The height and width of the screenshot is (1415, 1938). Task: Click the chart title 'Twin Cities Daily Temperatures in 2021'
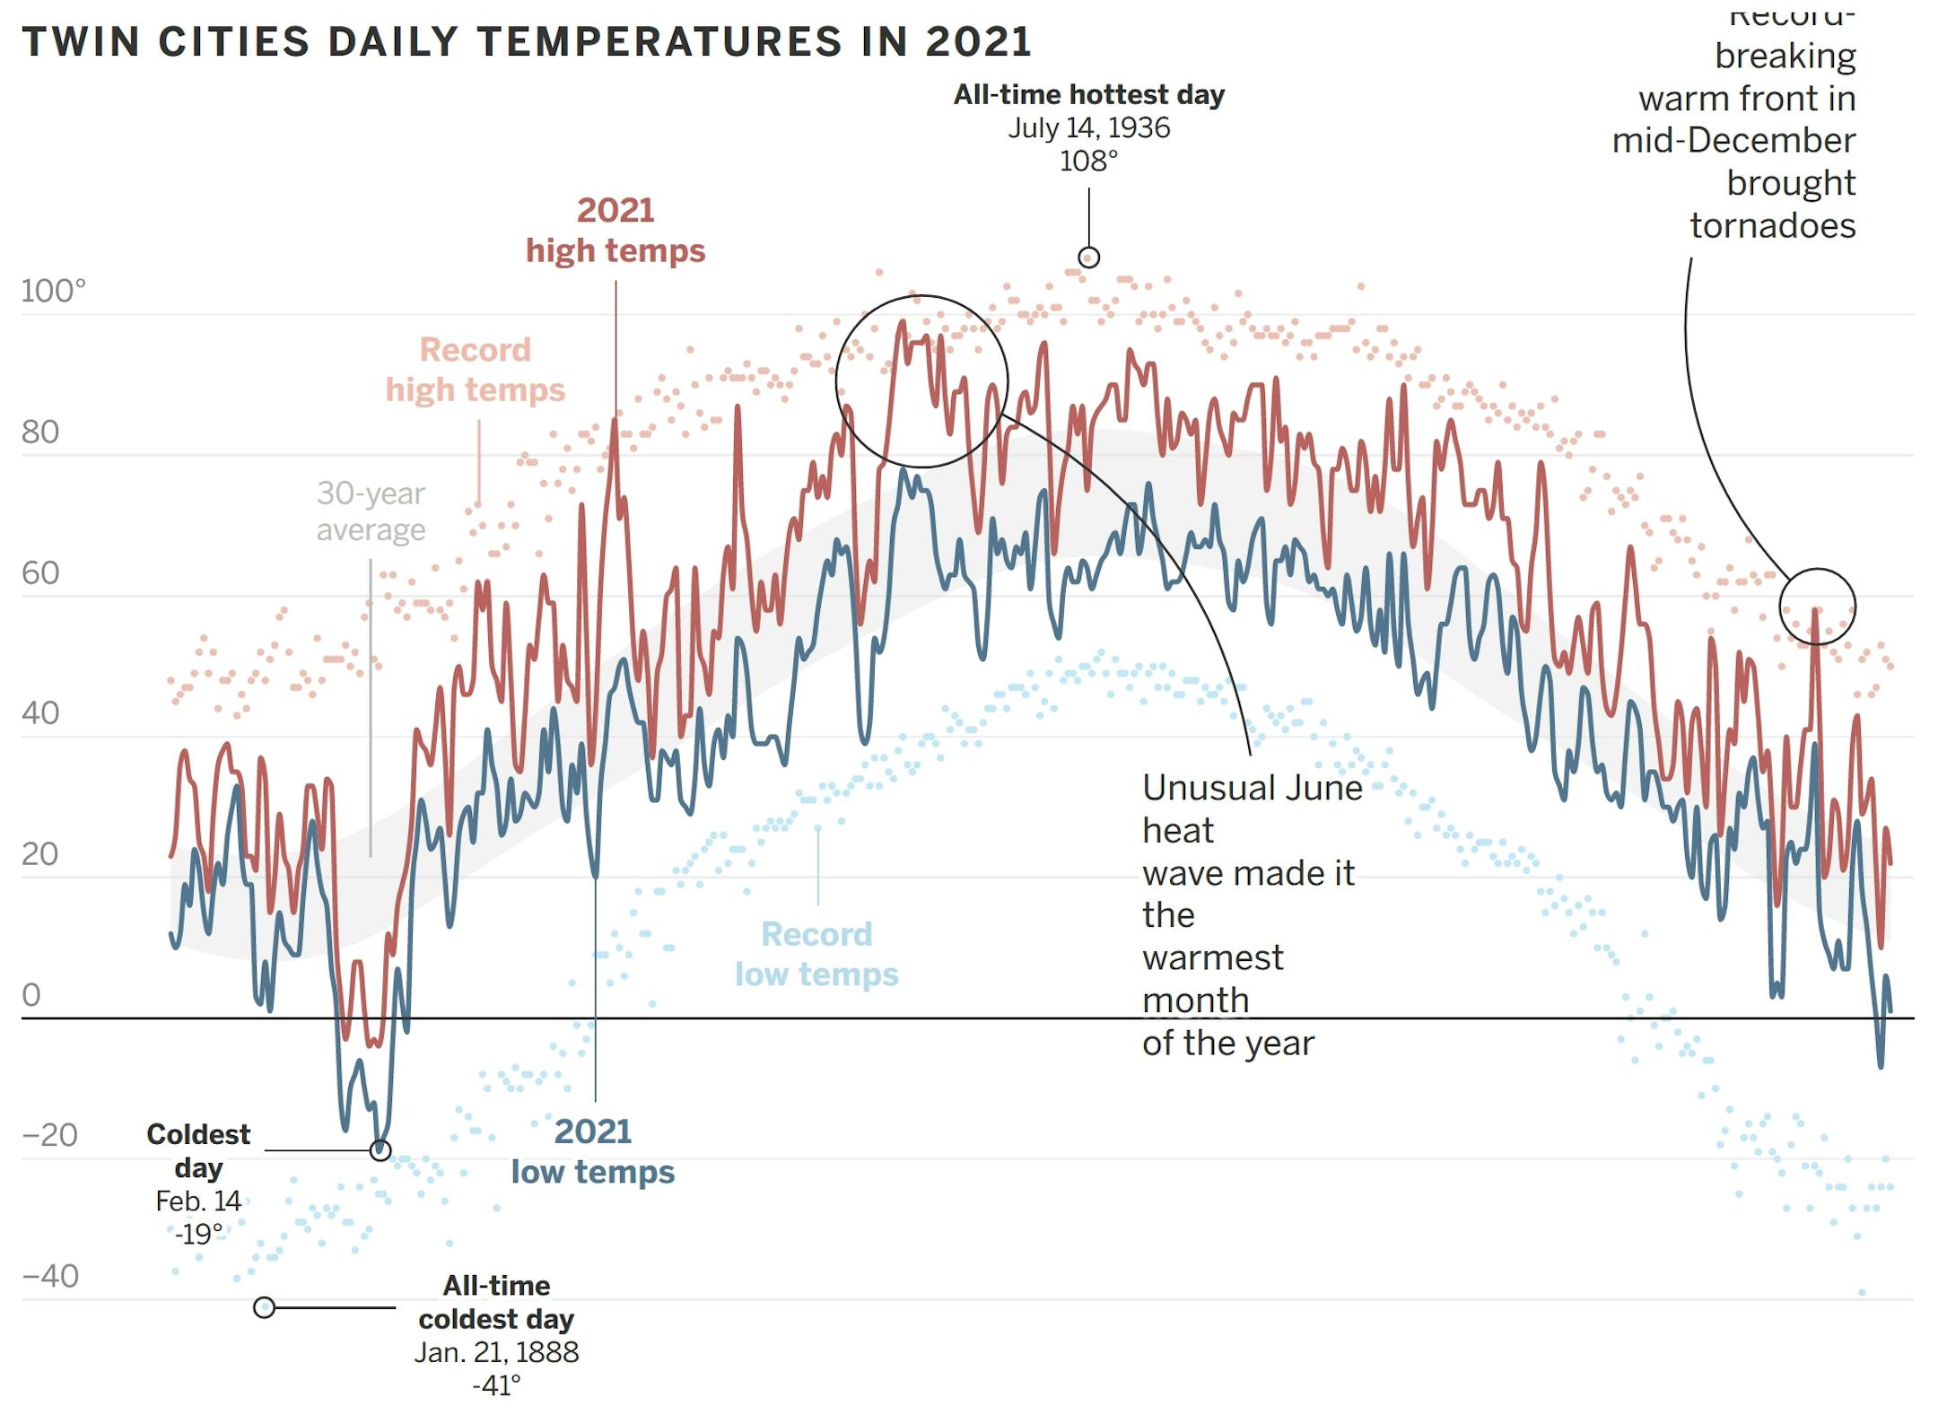pos(527,42)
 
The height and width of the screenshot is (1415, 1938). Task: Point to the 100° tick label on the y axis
pos(53,292)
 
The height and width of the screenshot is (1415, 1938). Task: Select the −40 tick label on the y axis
pos(50,1276)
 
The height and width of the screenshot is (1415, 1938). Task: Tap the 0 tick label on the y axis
pos(31,994)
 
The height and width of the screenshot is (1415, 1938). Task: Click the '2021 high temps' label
pos(615,231)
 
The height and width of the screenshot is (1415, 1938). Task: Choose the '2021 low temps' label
pos(593,1151)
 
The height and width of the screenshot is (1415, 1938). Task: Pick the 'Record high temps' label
pos(476,370)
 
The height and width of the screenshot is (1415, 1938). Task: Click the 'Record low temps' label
pos(816,954)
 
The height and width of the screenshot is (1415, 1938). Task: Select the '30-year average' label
pos(371,511)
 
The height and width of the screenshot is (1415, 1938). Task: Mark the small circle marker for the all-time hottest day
pos(1088,258)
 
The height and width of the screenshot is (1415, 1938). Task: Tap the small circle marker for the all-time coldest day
pos(264,1307)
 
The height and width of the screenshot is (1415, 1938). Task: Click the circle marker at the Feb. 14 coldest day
pos(380,1150)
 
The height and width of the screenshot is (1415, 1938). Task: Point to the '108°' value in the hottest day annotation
pos(1088,162)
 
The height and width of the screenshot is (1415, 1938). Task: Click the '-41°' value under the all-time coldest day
pos(496,1385)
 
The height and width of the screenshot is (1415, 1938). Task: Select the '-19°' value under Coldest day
pos(198,1235)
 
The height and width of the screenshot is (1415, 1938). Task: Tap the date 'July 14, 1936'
pos(1088,128)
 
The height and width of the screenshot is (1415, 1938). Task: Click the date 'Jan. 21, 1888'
pos(496,1352)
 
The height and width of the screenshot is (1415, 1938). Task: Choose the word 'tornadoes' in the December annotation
pos(1772,226)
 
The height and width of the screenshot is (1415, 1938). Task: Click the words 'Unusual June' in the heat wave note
pos(1252,788)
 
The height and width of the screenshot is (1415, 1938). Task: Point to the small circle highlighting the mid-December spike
pos(1817,607)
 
